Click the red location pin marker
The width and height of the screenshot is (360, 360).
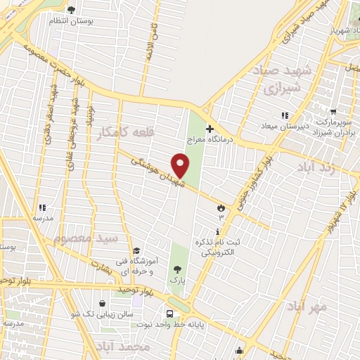pyautogui.click(x=181, y=166)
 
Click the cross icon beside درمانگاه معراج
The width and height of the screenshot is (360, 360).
pyautogui.click(x=209, y=129)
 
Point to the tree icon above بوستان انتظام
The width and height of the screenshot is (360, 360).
pyautogui.click(x=71, y=10)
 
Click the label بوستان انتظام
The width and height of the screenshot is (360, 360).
pyautogui.click(x=71, y=21)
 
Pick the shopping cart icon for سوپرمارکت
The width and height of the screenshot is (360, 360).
pyautogui.click(x=333, y=112)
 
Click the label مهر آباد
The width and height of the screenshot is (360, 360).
pyautogui.click(x=308, y=307)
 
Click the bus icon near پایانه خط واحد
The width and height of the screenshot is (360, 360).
pyautogui.click(x=169, y=314)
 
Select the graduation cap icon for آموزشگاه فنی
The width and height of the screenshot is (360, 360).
pyautogui.click(x=136, y=251)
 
